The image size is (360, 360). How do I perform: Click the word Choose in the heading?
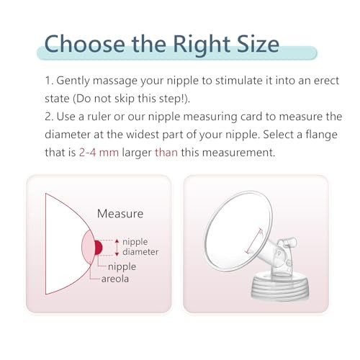(85, 44)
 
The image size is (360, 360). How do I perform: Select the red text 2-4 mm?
(99, 153)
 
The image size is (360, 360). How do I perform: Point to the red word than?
(166, 153)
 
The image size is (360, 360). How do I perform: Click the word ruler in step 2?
(99, 117)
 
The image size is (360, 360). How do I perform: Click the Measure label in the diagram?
(120, 214)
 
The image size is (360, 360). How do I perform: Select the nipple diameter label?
(140, 247)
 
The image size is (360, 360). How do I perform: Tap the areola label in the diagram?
(115, 279)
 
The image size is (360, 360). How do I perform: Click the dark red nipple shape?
(99, 248)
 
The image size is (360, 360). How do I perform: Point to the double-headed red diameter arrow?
(117, 248)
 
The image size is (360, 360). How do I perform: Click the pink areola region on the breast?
(88, 247)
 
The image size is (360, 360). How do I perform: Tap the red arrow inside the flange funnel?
(254, 240)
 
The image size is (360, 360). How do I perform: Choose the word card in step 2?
(251, 117)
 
